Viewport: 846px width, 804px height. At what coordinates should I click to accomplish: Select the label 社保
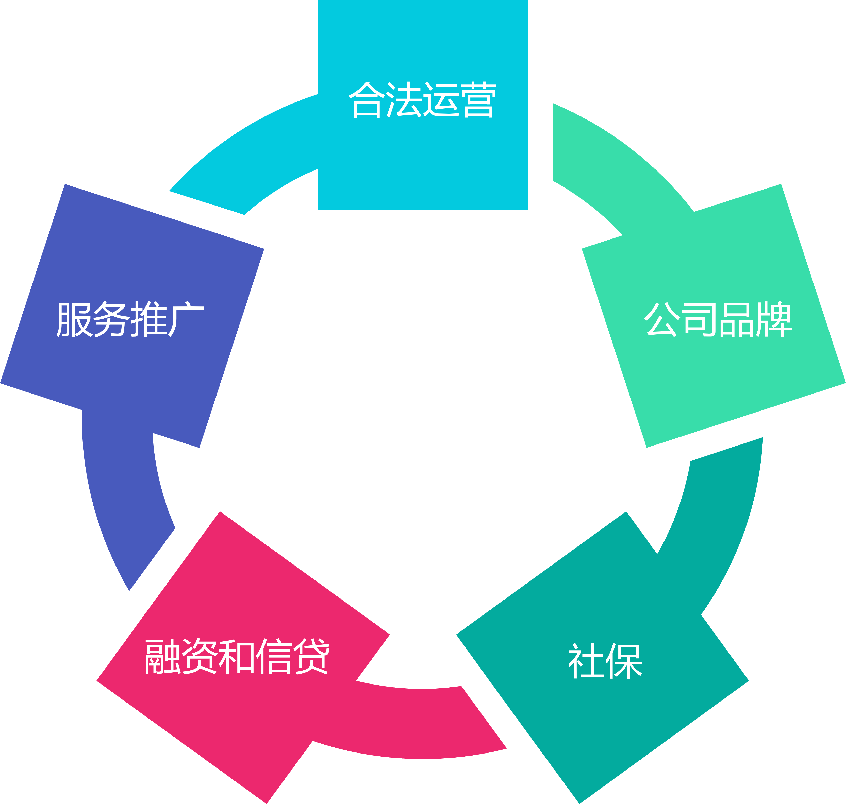pyautogui.click(x=605, y=660)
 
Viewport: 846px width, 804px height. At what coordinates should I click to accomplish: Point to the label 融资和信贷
pyautogui.click(x=237, y=656)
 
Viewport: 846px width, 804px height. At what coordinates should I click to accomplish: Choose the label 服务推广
pyautogui.click(x=130, y=319)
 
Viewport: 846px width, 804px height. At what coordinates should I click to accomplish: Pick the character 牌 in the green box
pyautogui.click(x=774, y=319)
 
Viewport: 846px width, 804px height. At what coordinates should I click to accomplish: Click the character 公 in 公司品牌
pyautogui.click(x=662, y=319)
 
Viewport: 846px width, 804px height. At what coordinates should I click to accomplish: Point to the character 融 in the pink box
pyautogui.click(x=163, y=656)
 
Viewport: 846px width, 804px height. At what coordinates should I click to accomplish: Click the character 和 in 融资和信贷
pyautogui.click(x=237, y=656)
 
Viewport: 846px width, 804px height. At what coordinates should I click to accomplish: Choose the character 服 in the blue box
pyautogui.click(x=74, y=319)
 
